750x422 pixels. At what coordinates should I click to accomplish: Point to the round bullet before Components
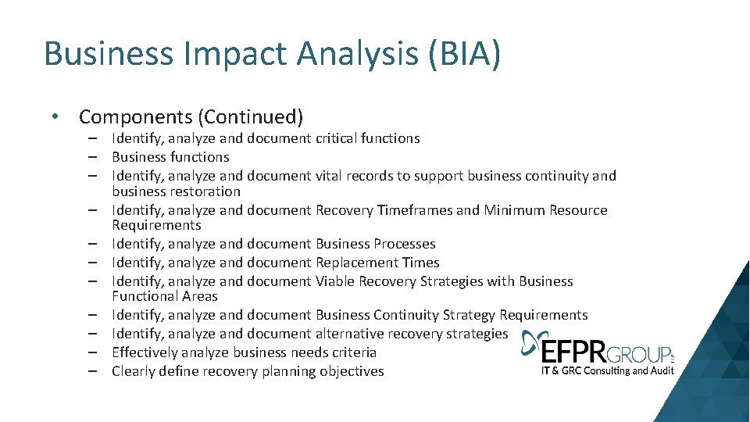click(x=53, y=116)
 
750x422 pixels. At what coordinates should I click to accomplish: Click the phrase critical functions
click(x=367, y=138)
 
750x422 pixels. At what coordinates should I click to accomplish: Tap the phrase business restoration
click(x=176, y=191)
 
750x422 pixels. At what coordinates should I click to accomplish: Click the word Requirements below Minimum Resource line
click(x=156, y=225)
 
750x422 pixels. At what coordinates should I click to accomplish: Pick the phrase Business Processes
click(x=375, y=244)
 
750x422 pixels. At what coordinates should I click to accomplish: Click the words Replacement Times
click(x=377, y=263)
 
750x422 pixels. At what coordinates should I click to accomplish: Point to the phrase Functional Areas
click(x=164, y=296)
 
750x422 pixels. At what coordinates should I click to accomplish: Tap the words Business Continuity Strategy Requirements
click(x=452, y=315)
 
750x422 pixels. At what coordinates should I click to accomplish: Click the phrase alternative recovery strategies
click(x=411, y=334)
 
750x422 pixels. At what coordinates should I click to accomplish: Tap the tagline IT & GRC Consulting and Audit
click(x=607, y=370)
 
